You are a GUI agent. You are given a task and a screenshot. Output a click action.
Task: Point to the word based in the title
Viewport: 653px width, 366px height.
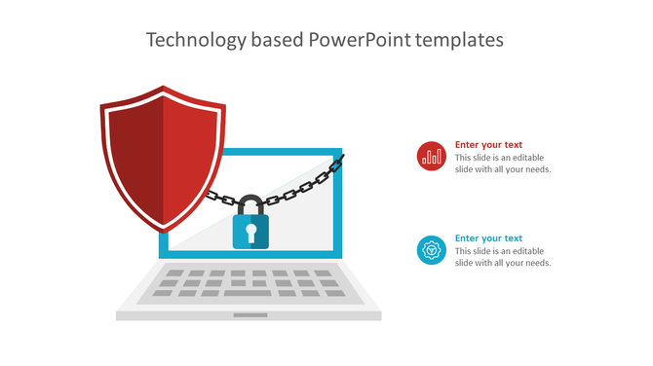(x=276, y=40)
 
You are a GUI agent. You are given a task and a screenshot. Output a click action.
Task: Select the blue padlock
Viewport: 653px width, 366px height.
(x=250, y=232)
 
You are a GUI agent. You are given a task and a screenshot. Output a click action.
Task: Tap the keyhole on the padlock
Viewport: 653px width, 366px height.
(x=250, y=232)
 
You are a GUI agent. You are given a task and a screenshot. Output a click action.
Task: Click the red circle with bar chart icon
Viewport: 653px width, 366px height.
(x=431, y=156)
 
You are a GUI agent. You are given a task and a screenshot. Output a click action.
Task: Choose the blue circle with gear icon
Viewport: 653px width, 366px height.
(x=431, y=250)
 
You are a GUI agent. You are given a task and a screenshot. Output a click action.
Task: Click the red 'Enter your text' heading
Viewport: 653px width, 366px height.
(x=488, y=145)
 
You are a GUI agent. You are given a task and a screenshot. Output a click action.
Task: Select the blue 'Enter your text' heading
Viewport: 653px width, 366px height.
(x=488, y=238)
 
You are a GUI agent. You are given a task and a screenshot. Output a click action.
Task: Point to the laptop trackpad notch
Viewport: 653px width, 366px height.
(x=250, y=315)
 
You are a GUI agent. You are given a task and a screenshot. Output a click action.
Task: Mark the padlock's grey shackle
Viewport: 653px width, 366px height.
(x=250, y=205)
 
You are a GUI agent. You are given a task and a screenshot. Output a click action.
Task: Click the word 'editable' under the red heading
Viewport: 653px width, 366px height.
(x=525, y=158)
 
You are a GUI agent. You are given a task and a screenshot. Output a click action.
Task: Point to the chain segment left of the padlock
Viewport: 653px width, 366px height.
(x=220, y=199)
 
